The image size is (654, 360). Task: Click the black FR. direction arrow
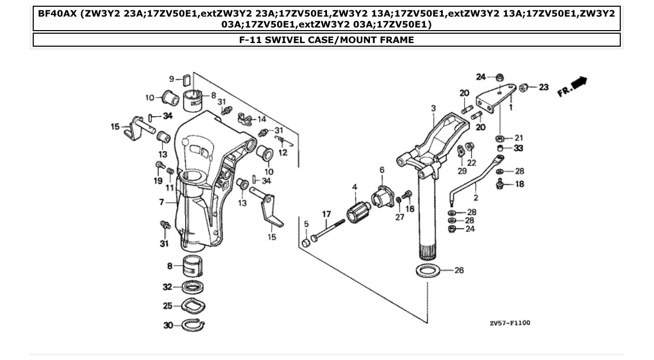click(579, 82)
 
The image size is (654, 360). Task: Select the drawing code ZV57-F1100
click(510, 323)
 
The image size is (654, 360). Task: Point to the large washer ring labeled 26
click(428, 270)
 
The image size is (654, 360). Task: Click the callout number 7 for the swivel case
click(162, 202)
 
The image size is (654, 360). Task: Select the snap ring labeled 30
click(193, 325)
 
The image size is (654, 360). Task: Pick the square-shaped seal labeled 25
click(192, 306)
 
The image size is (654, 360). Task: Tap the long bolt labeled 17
click(327, 231)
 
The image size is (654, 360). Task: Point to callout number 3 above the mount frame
click(433, 108)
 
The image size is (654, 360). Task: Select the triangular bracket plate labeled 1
click(495, 99)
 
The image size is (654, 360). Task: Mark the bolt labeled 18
click(499, 184)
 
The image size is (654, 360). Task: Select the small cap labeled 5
click(306, 243)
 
